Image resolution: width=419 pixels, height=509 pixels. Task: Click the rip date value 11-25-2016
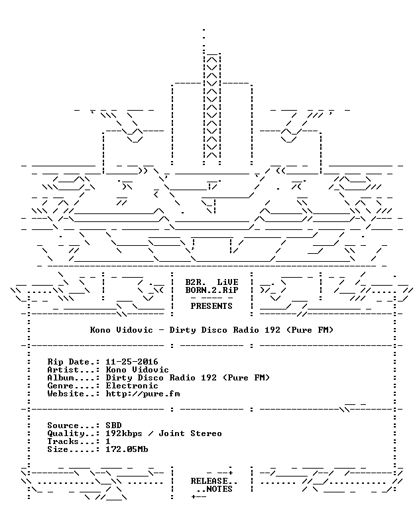(x=132, y=362)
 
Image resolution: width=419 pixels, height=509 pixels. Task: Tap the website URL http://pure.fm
(x=143, y=394)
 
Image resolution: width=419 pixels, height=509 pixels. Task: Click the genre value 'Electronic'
(x=132, y=386)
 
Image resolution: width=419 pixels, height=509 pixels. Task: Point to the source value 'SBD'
(x=113, y=425)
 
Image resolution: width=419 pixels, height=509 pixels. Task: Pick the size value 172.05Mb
(x=127, y=449)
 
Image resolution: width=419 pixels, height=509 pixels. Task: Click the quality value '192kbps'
(x=124, y=433)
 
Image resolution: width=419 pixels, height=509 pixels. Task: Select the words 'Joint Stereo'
(x=190, y=433)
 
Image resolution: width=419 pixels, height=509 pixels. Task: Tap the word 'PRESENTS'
(x=211, y=306)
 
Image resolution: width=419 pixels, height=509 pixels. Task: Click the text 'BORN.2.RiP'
(x=211, y=290)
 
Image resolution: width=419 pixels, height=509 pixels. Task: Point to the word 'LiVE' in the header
(x=227, y=282)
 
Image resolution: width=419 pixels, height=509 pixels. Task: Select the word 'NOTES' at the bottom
(x=219, y=489)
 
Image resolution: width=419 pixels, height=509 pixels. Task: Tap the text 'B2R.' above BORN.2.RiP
(x=196, y=282)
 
